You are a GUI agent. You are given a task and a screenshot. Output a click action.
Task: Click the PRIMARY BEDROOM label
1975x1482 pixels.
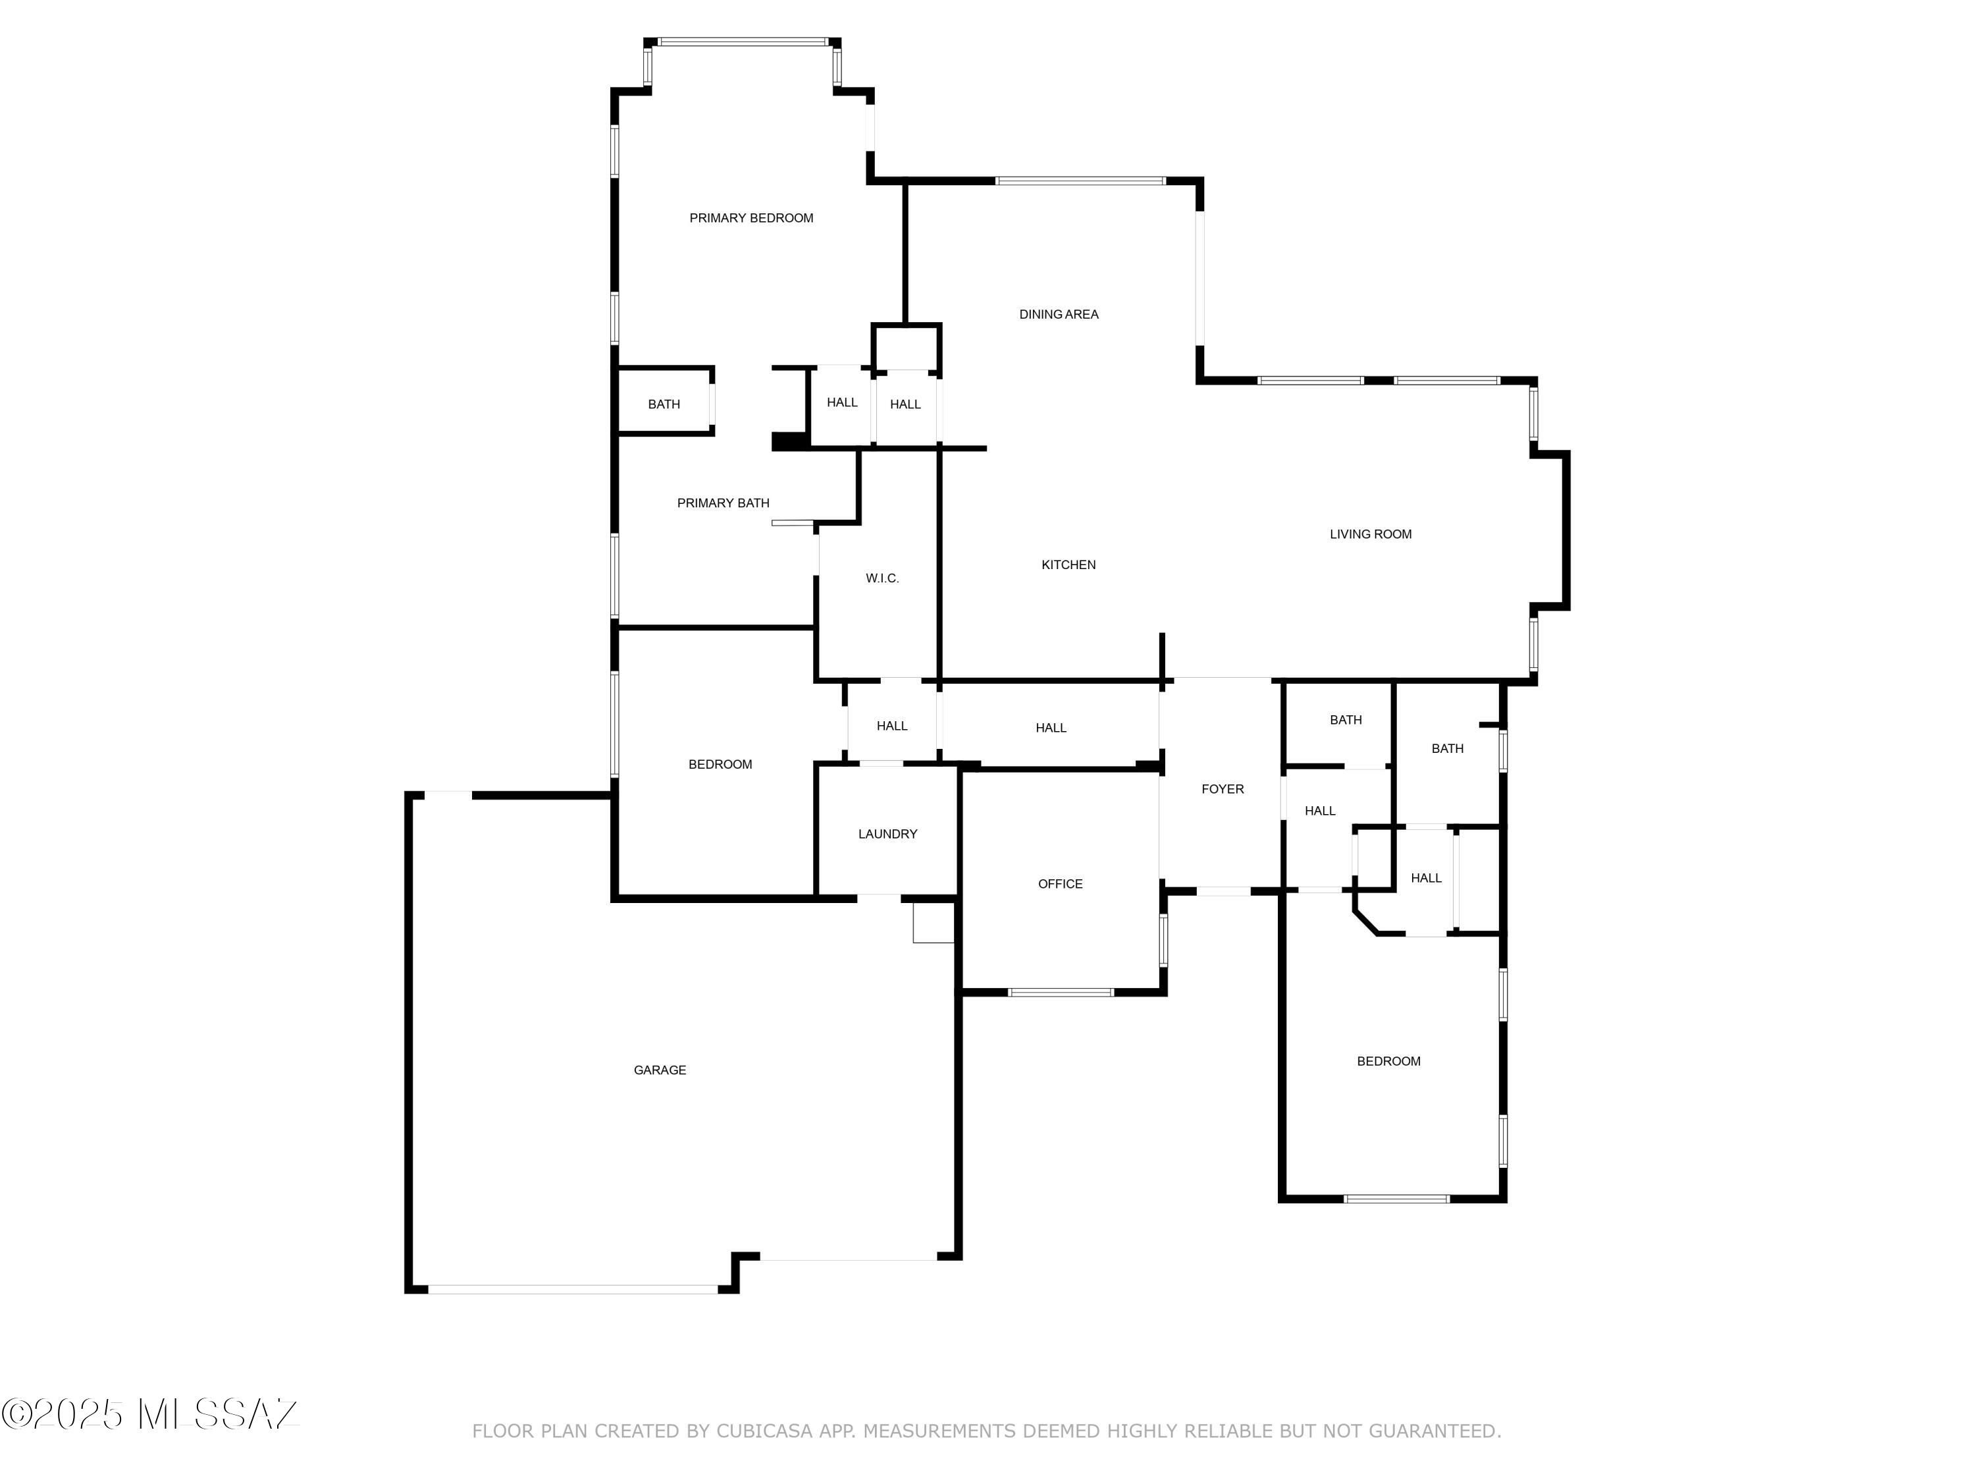(751, 218)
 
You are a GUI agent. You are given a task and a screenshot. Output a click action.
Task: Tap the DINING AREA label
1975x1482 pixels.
(1059, 314)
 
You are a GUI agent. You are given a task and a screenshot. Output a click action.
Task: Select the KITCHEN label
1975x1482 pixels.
(1068, 564)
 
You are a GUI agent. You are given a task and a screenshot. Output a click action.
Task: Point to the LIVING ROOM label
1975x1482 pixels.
(1371, 534)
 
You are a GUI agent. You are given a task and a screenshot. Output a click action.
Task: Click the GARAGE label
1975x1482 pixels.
(660, 1070)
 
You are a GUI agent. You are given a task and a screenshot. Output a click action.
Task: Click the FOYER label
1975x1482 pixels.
(1223, 789)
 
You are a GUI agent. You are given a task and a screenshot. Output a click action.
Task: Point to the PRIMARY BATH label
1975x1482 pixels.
(724, 503)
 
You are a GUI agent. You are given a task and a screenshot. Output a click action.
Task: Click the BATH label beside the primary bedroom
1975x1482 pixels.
(664, 404)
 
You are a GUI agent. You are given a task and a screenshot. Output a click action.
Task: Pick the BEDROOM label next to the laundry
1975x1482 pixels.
(720, 764)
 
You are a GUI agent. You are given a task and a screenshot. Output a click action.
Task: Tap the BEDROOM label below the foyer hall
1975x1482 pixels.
(1388, 1061)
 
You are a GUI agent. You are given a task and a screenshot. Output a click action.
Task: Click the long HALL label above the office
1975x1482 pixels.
(1051, 728)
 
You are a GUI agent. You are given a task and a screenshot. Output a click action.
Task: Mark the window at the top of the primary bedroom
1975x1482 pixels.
(743, 41)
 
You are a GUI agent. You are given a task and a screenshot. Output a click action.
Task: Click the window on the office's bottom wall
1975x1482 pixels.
(1061, 993)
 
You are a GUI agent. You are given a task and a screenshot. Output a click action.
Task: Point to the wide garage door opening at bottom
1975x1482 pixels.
(572, 1289)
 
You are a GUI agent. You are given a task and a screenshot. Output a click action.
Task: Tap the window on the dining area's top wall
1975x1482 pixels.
(1080, 181)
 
